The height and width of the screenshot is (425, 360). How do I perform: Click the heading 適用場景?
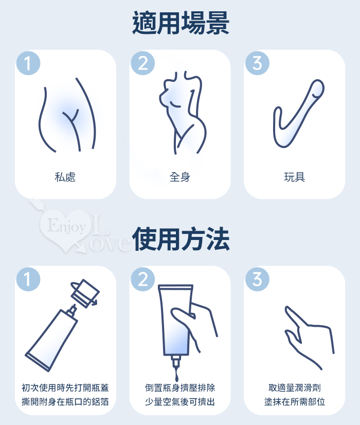[181, 23]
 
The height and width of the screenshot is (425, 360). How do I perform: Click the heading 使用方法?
[181, 239]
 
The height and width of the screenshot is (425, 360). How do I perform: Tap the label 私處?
[65, 177]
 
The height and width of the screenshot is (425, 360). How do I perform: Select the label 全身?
[180, 177]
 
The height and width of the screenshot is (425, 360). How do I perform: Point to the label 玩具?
[294, 177]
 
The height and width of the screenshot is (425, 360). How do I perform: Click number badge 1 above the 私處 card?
[28, 63]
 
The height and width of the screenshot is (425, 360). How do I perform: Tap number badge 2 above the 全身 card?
[142, 63]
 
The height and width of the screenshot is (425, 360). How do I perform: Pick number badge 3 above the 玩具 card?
[257, 63]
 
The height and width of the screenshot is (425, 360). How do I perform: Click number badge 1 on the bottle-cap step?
[28, 279]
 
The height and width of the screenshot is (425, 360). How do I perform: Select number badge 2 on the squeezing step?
[142, 279]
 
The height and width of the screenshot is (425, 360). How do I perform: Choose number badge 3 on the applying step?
[257, 279]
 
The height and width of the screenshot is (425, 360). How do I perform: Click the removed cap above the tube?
[85, 293]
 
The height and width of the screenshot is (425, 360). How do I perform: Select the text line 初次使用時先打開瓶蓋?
[65, 388]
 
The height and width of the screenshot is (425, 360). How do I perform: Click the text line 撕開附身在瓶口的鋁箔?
[65, 401]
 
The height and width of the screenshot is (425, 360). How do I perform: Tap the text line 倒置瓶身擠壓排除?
[180, 388]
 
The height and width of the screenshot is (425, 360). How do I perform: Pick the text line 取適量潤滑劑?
[294, 388]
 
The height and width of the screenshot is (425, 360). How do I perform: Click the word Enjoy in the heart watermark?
[66, 226]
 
